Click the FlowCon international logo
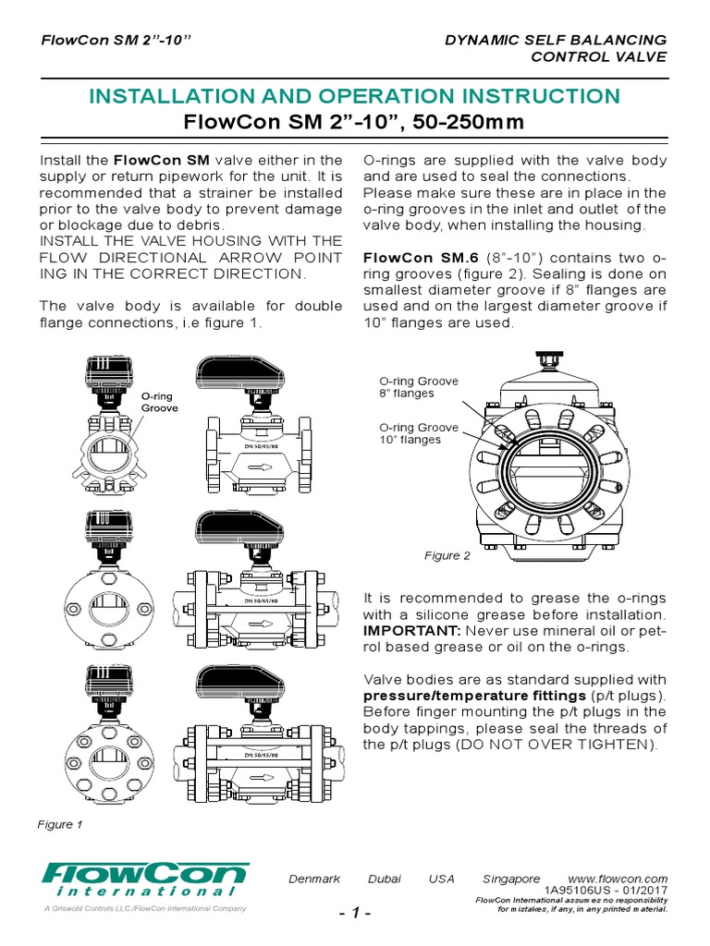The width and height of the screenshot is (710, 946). point(144,879)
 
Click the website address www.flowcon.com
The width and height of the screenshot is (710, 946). point(618,879)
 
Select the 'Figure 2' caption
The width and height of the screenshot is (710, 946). point(447,555)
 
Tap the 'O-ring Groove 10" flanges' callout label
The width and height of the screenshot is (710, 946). point(419,433)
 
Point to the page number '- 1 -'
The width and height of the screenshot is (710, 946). point(354,914)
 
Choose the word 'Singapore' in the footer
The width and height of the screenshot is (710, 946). point(511,879)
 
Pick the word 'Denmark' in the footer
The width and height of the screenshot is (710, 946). point(315,879)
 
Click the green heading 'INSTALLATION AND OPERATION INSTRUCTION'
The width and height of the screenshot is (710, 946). point(354,96)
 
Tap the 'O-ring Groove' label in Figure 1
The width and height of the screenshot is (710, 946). point(159,401)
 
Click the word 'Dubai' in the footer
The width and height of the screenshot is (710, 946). point(385,879)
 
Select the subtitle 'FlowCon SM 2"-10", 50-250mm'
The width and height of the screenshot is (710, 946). point(354,123)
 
